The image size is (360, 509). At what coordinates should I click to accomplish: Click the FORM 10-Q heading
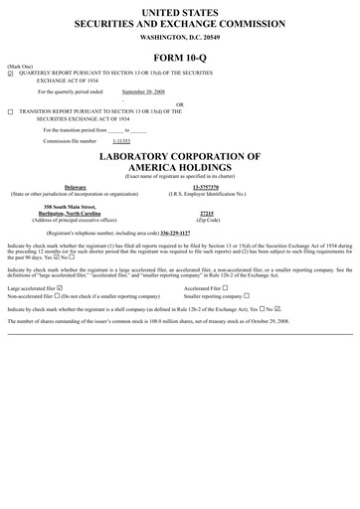[179, 56]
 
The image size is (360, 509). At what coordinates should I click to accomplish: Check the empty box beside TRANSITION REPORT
[10, 112]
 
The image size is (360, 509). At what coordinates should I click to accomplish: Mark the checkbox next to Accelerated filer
[226, 288]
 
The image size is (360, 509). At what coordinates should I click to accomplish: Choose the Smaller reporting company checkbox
[247, 296]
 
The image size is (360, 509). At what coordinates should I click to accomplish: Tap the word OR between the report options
[179, 103]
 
